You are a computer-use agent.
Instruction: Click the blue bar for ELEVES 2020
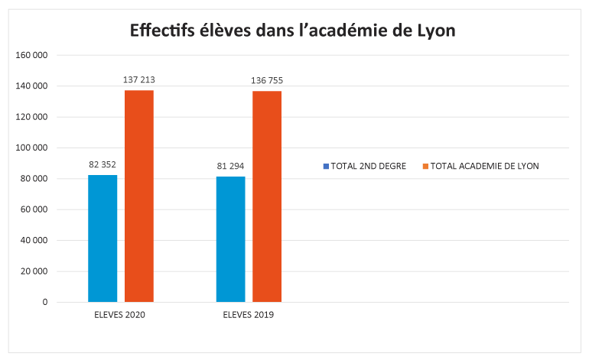[x=103, y=238]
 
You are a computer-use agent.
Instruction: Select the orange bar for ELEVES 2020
[x=139, y=196]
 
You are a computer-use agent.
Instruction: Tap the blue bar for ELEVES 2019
[x=231, y=239]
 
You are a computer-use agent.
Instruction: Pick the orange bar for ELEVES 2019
[x=267, y=196]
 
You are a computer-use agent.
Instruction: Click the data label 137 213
[x=139, y=79]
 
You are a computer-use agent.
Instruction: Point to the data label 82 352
[x=103, y=164]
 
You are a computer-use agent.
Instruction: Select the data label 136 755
[x=267, y=80]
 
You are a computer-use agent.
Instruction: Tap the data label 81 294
[x=231, y=166]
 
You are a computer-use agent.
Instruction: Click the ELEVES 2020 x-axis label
[x=120, y=315]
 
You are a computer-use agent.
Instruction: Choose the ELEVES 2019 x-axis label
[x=249, y=315]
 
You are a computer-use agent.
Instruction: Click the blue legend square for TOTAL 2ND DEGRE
[x=326, y=166]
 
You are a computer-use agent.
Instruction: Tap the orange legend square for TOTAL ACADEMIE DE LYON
[x=425, y=166]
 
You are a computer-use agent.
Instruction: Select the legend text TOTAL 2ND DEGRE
[x=369, y=166]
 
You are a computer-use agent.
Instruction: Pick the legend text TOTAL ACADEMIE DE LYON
[x=485, y=166]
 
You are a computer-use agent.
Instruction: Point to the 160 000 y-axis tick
[x=31, y=55]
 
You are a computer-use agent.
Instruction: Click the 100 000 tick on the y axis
[x=31, y=148]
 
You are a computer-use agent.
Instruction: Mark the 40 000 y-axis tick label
[x=34, y=240]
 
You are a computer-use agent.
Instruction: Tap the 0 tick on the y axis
[x=44, y=302]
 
